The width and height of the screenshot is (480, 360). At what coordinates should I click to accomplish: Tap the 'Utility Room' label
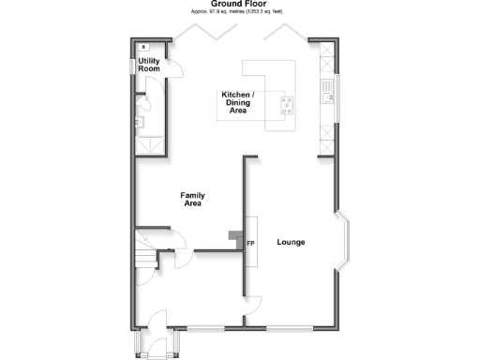[149, 66]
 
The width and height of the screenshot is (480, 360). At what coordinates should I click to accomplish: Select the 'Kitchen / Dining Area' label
[239, 102]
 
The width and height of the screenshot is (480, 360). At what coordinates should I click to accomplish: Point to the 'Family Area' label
[192, 199]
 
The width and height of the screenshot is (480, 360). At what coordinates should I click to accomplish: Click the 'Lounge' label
[291, 243]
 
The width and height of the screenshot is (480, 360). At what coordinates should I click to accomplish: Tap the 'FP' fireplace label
[250, 244]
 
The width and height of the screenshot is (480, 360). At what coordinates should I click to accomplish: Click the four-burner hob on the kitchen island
[287, 105]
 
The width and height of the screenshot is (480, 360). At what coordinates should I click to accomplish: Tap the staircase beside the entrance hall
[145, 253]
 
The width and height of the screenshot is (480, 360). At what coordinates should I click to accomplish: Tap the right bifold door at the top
[281, 35]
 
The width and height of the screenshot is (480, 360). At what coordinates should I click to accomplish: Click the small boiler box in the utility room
[142, 46]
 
